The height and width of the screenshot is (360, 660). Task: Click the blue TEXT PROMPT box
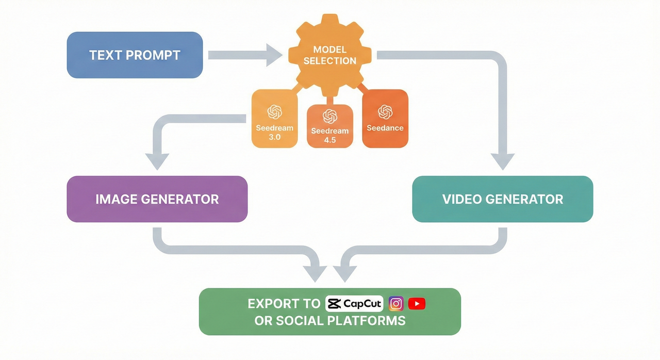[x=135, y=55]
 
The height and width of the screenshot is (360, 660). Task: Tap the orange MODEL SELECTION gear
[x=330, y=55]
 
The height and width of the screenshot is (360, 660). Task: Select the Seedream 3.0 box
[x=274, y=119]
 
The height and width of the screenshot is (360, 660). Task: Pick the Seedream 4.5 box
[x=330, y=126]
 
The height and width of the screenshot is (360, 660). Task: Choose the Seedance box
[x=385, y=119]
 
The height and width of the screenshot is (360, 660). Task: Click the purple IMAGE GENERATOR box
[x=157, y=199]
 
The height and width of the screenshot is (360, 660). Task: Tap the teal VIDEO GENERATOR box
[x=503, y=199]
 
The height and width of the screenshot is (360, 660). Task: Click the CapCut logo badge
[x=354, y=304]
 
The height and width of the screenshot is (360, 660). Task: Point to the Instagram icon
[x=396, y=304]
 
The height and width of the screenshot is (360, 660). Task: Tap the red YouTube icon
[x=417, y=304]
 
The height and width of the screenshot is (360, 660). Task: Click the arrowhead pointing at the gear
[x=275, y=55]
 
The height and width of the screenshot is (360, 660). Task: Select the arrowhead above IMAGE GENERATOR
[x=157, y=161]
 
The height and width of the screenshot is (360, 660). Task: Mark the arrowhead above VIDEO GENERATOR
[x=503, y=161]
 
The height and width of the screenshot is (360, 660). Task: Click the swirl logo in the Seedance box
[x=385, y=111]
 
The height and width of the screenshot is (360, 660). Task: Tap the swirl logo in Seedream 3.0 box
[x=274, y=111]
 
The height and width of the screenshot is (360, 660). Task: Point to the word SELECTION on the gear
[x=330, y=61]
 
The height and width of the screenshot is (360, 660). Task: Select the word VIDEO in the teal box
[x=461, y=199]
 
